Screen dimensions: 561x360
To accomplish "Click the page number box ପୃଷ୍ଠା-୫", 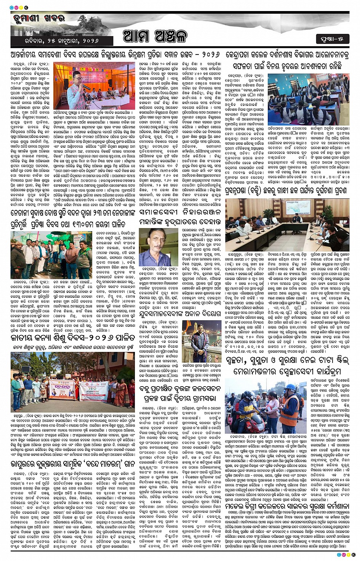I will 332,38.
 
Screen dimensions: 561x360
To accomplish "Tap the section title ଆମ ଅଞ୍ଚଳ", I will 155,37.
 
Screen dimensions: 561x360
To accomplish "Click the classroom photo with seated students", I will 308,99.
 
